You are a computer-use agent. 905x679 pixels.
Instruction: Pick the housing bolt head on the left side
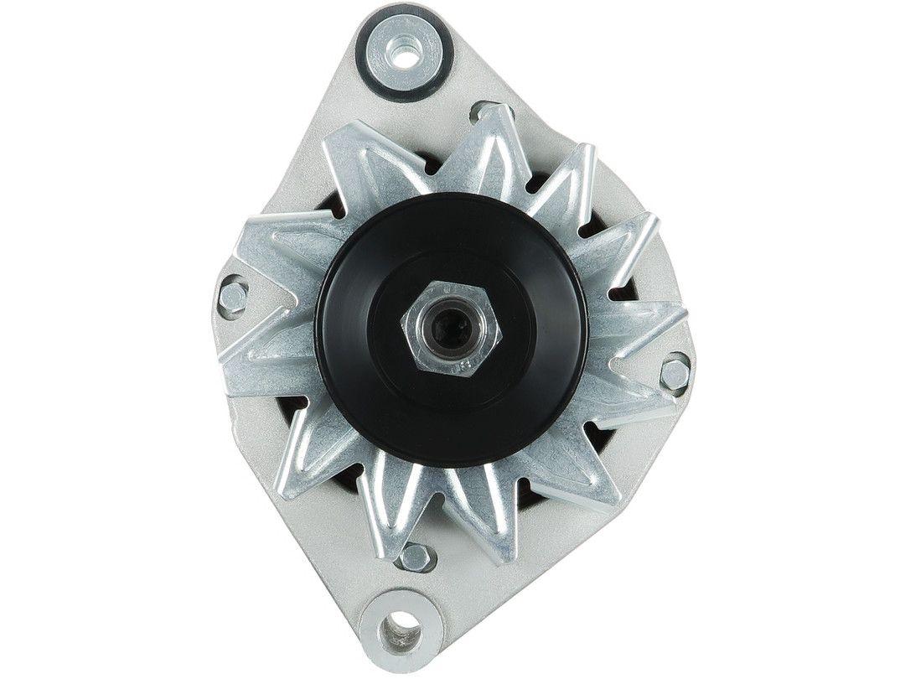[235, 295]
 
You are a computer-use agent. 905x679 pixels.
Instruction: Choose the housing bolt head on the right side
[675, 372]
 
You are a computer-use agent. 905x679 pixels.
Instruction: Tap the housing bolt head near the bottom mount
[416, 554]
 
